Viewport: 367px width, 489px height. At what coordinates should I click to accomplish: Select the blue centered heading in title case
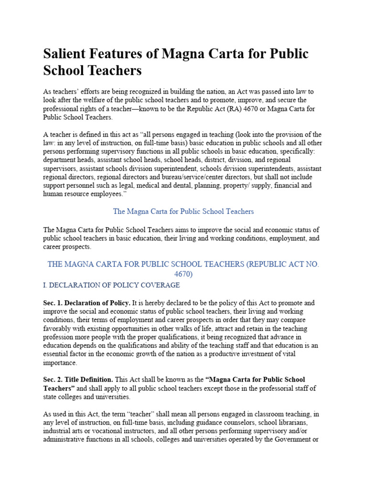(x=183, y=211)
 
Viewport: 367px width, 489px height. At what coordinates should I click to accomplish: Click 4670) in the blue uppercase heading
(x=183, y=274)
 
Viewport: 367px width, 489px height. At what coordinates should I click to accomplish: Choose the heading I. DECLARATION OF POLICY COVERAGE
(x=111, y=285)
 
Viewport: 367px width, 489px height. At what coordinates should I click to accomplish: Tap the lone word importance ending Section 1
(x=60, y=363)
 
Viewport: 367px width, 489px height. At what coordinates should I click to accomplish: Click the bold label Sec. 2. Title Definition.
(x=78, y=380)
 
